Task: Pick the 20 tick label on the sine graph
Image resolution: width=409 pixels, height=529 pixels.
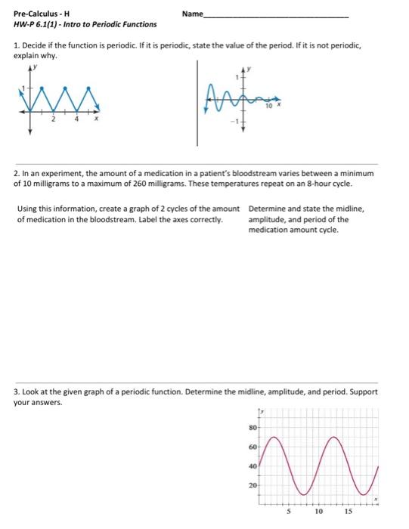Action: (253, 484)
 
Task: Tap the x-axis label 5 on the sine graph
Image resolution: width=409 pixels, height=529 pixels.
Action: (286, 510)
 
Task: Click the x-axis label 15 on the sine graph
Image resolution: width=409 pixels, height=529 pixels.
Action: (349, 510)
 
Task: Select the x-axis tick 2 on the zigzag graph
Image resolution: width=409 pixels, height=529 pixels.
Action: (53, 119)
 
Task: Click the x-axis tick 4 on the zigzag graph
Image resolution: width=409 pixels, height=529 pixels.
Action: (75, 119)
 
